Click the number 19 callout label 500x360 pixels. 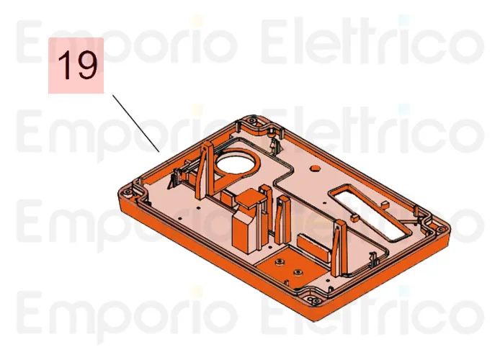[x=76, y=66]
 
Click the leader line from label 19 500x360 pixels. [x=135, y=122]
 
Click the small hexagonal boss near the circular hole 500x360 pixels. [x=315, y=166]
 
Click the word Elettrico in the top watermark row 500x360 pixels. [x=371, y=42]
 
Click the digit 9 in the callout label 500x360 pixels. [x=86, y=66]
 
